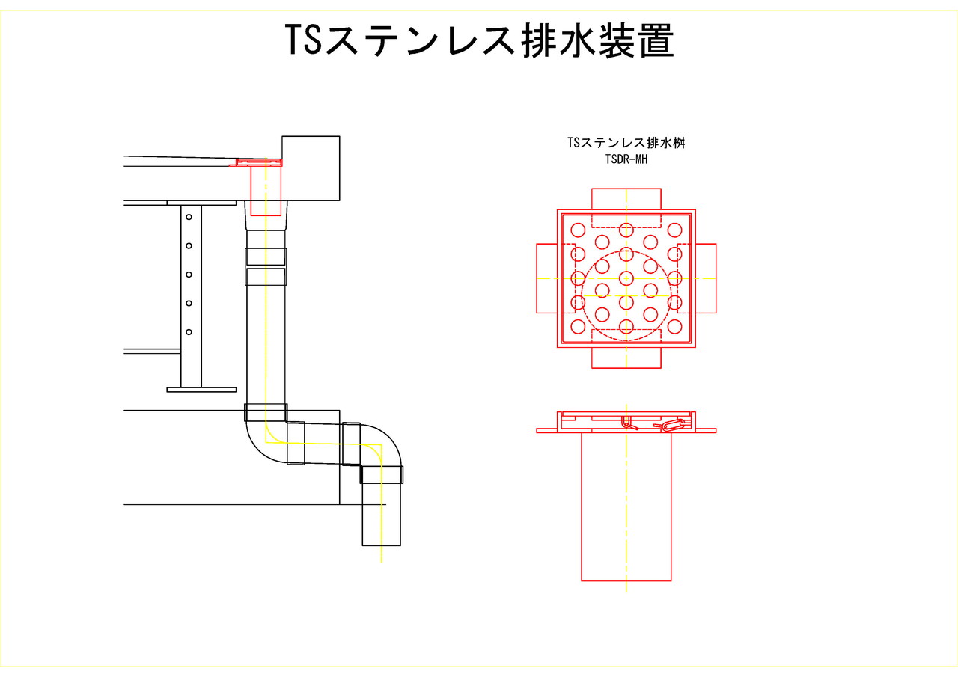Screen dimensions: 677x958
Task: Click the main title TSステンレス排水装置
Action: click(479, 40)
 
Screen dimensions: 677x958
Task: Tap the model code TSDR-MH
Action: click(626, 159)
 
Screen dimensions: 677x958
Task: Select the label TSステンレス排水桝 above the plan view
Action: click(626, 143)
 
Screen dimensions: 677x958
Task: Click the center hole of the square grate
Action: click(626, 278)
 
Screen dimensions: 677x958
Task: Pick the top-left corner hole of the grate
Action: click(578, 230)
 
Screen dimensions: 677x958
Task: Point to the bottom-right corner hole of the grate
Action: click(675, 326)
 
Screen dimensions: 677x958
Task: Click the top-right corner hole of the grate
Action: click(675, 230)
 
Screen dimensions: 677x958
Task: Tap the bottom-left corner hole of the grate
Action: click(578, 326)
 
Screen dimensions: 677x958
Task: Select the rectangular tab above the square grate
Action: click(626, 199)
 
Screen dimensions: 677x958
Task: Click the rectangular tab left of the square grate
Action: click(547, 278)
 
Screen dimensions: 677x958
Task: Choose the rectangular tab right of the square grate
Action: click(706, 278)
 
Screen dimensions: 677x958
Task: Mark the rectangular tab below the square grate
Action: click(626, 358)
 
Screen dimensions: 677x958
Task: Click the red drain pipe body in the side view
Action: click(626, 506)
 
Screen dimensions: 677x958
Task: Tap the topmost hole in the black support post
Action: click(189, 217)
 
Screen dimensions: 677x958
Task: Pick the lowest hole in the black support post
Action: click(189, 331)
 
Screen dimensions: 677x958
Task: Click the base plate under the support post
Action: click(201, 390)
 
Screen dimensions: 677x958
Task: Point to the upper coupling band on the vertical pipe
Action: click(266, 257)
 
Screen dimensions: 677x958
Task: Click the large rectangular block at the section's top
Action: click(311, 168)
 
